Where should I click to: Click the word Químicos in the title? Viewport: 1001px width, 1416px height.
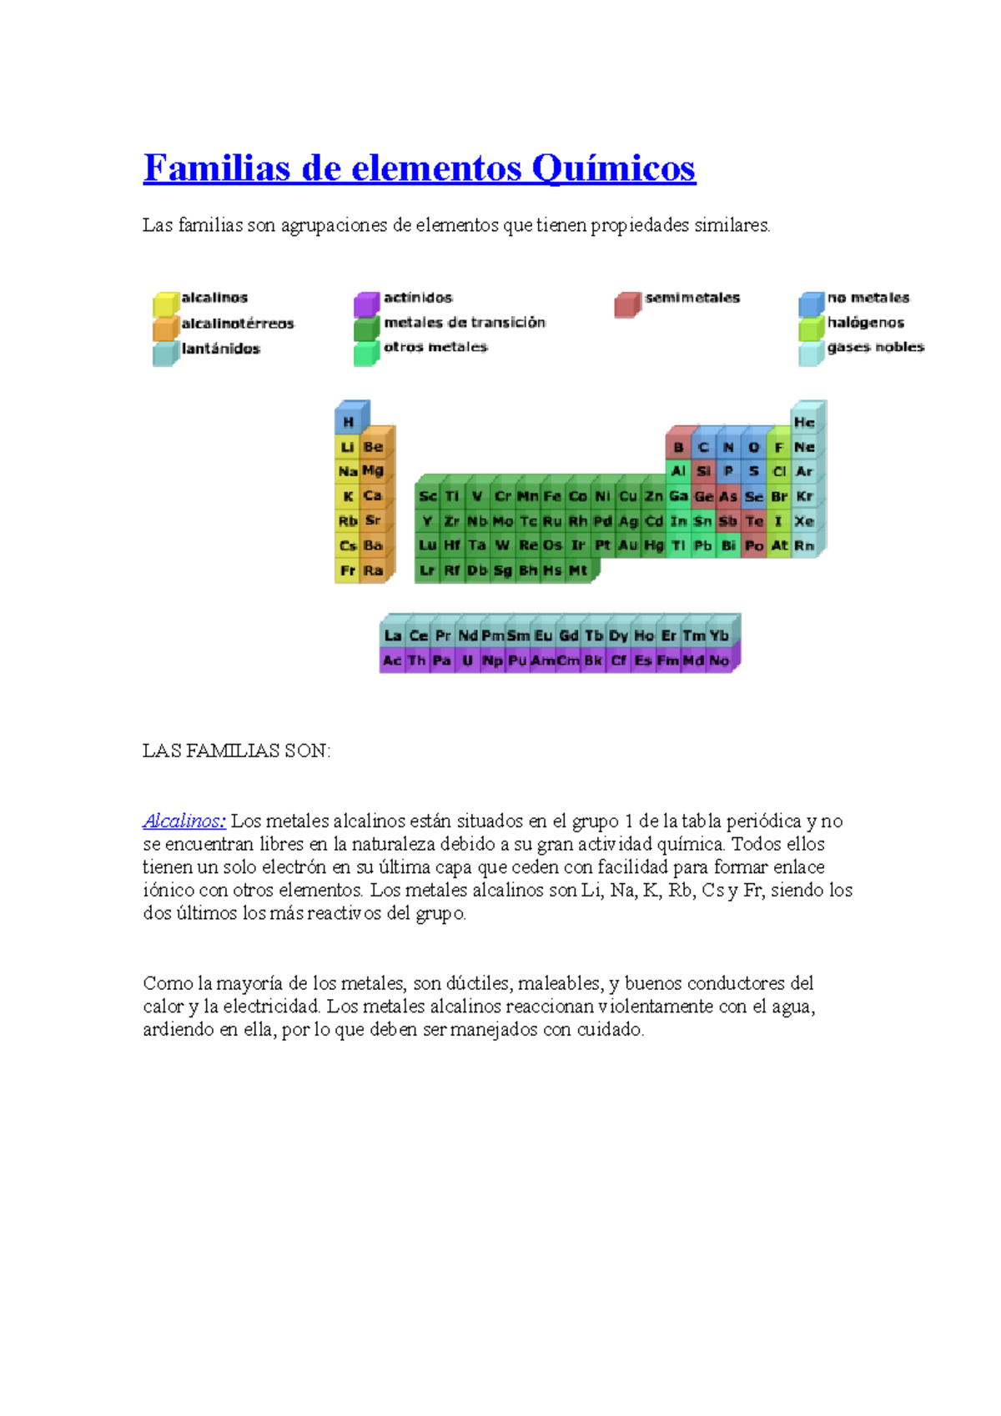click(613, 168)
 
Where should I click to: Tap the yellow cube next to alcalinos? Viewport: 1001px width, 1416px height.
click(164, 305)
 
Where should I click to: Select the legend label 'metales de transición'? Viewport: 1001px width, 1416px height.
click(465, 323)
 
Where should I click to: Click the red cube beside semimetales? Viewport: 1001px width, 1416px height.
click(626, 306)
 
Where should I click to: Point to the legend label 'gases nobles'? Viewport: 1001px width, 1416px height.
click(875, 347)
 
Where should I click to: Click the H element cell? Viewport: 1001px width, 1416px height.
click(348, 423)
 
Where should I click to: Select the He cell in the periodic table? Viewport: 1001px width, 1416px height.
click(803, 423)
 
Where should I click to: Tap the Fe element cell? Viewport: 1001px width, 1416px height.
click(552, 496)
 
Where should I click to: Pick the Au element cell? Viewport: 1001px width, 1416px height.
click(628, 545)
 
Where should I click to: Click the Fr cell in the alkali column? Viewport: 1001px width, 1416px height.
click(347, 571)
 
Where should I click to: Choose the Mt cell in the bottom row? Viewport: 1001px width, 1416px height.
click(578, 571)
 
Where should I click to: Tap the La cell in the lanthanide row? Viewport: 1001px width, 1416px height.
click(392, 636)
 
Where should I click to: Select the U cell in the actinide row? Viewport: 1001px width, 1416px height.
click(467, 660)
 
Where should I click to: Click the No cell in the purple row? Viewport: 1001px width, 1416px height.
click(719, 660)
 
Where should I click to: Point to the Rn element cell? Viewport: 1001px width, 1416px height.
click(803, 545)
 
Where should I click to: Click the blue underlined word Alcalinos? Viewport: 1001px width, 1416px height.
click(184, 821)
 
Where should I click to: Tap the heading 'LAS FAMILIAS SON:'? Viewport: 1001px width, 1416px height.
click(236, 751)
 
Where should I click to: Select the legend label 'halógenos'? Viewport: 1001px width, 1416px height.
click(865, 323)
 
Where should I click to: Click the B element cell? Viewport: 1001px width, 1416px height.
click(678, 448)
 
